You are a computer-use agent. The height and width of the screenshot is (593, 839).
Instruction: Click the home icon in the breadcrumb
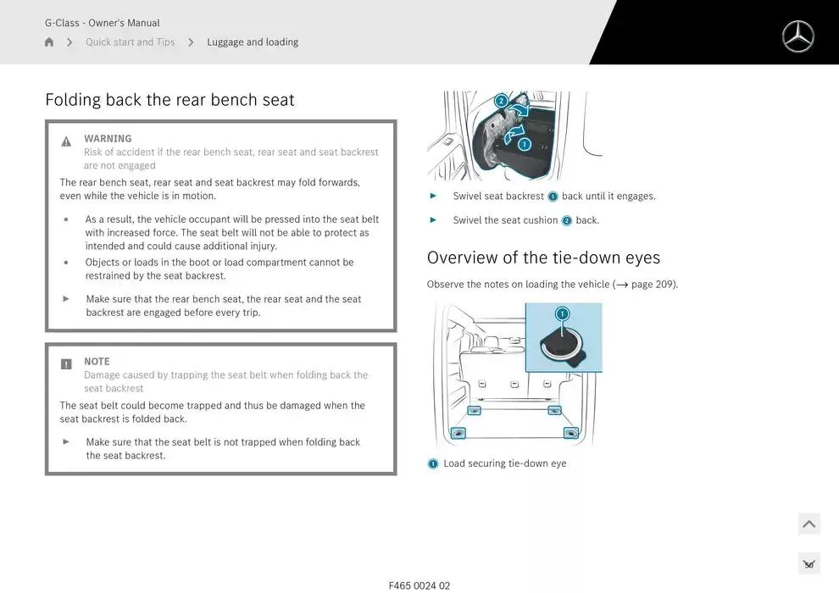(x=48, y=42)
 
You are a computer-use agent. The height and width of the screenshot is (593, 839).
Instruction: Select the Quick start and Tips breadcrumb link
(x=130, y=42)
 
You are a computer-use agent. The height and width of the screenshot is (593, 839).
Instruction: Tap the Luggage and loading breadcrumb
(x=253, y=42)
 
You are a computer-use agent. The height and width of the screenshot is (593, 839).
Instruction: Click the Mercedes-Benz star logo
(x=797, y=36)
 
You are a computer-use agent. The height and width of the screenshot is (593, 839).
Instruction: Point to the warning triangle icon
(x=66, y=141)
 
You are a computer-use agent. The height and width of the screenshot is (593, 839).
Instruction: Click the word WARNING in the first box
(x=108, y=138)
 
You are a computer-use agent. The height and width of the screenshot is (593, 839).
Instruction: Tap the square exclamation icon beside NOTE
(x=66, y=364)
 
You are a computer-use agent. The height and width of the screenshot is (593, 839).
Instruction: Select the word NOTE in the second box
(x=97, y=362)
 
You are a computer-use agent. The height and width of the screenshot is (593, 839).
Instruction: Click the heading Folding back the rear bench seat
(x=169, y=100)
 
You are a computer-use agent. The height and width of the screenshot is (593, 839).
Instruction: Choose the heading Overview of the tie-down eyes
(x=543, y=258)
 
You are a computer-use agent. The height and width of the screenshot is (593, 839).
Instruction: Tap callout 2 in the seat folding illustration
(x=501, y=101)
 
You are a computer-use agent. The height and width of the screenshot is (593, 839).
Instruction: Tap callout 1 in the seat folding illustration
(x=525, y=144)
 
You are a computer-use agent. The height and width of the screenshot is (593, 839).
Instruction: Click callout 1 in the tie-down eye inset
(x=562, y=314)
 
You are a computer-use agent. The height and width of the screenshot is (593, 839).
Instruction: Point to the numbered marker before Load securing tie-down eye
(x=433, y=463)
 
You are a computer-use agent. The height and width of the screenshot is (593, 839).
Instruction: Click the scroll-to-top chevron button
(x=809, y=524)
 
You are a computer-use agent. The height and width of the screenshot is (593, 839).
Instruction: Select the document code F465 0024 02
(x=419, y=585)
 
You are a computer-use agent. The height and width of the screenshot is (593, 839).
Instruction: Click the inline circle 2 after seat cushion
(x=567, y=220)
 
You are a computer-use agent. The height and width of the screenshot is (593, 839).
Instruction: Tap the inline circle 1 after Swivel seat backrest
(x=553, y=197)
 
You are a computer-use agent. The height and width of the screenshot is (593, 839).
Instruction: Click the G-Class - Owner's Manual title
(x=103, y=23)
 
